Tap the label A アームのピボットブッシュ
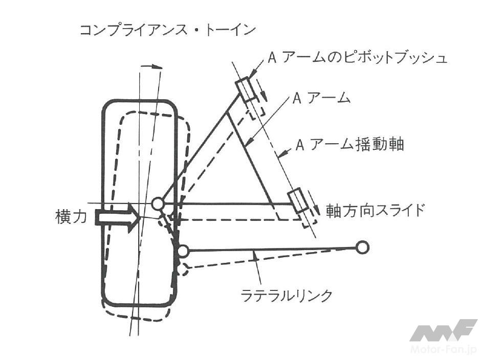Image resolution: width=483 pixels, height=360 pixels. click(358, 57)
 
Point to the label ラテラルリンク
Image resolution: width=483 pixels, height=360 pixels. click(287, 295)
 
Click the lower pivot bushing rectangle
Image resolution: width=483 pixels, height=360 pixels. click(298, 200)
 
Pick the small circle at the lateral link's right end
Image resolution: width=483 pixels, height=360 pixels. click(362, 248)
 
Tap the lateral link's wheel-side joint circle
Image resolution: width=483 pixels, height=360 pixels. click(182, 251)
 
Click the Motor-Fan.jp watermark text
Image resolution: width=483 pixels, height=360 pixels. click(443, 349)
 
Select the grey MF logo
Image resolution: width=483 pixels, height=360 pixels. click(443, 330)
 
